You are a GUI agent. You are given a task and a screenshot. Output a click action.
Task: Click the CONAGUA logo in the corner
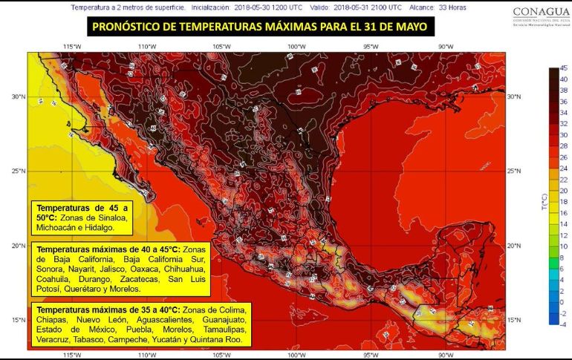[x=531, y=14]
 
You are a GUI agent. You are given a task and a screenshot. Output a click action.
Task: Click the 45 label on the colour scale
[x=563, y=69]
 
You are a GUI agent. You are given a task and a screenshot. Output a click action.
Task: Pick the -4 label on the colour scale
[x=563, y=324]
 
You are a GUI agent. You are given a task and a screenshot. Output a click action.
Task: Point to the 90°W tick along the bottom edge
[x=446, y=354]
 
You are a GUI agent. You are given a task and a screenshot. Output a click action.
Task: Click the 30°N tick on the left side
[x=18, y=96]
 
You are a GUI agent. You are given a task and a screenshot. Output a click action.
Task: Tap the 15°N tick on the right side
[x=513, y=320]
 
